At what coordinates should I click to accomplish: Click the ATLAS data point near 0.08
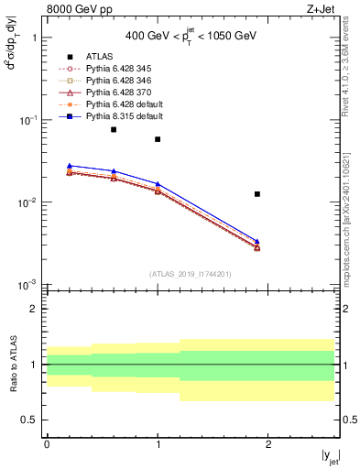114,129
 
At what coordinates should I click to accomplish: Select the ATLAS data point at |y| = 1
158,139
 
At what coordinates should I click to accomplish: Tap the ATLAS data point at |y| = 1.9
257,194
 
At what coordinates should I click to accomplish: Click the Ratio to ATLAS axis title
13,364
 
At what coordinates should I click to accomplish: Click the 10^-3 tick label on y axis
27,285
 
